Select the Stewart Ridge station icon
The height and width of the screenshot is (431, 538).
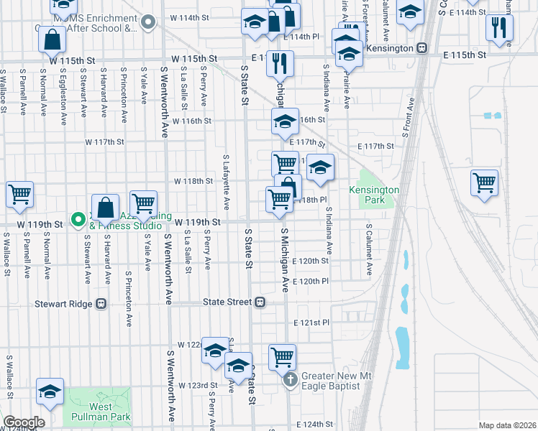[101, 303]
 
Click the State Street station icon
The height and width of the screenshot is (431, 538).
[260, 303]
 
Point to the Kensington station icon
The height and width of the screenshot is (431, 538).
[422, 48]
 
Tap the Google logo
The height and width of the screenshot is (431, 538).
[24, 422]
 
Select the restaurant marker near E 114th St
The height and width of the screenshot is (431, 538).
[498, 27]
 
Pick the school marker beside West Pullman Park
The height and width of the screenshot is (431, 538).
[50, 391]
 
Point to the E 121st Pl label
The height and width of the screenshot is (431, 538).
[311, 323]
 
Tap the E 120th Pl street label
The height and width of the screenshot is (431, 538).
[311, 282]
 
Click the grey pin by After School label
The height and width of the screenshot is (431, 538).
[148, 22]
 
